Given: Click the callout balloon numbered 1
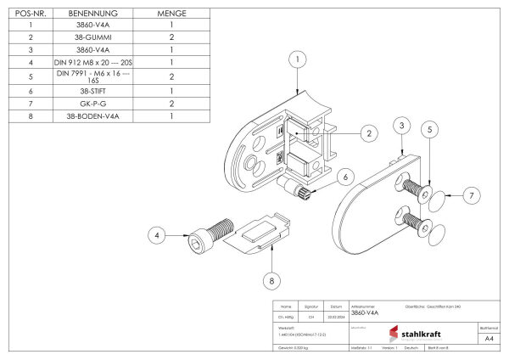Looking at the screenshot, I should click(x=296, y=59).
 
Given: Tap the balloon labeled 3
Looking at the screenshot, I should click(x=400, y=126).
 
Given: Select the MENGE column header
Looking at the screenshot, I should click(x=172, y=14).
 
